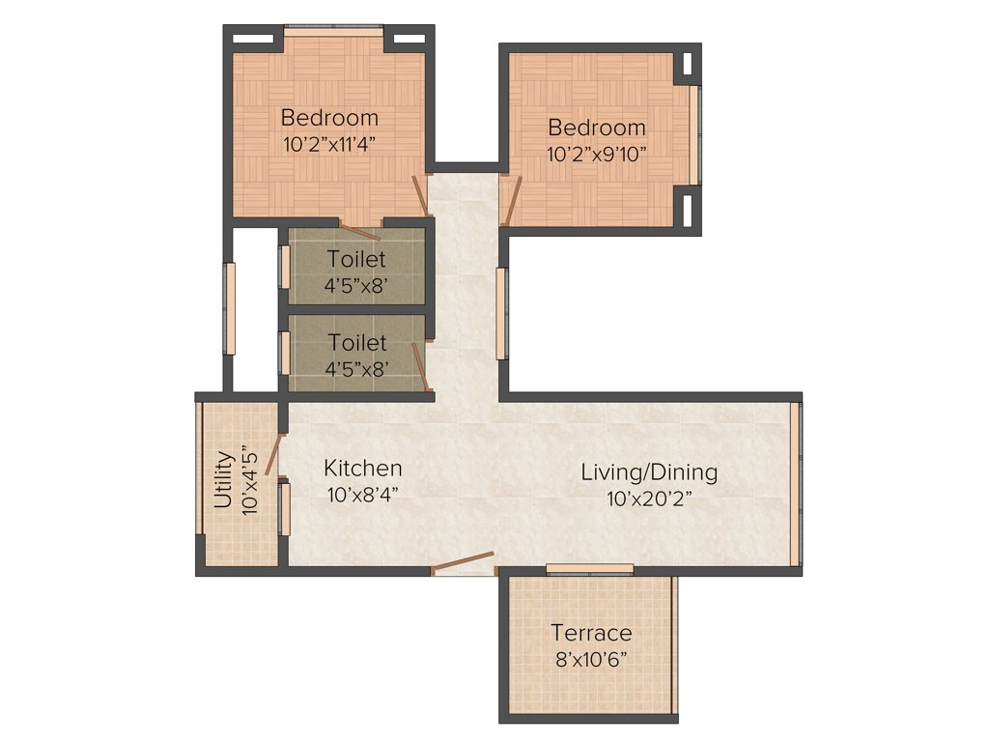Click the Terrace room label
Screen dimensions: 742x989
point(591,633)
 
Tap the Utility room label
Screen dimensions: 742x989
point(223,480)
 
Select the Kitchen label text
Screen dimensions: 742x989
point(362,469)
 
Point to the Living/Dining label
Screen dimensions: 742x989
point(649,472)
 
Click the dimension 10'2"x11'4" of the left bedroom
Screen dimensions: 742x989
point(329,143)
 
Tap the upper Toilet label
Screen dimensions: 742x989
point(356,259)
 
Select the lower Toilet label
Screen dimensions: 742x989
point(356,343)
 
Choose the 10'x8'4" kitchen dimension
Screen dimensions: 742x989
point(362,494)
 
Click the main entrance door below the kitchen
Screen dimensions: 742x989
point(463,564)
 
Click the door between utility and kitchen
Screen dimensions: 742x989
point(274,454)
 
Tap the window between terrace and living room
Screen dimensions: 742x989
point(589,568)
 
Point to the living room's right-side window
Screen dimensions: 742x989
point(795,483)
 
